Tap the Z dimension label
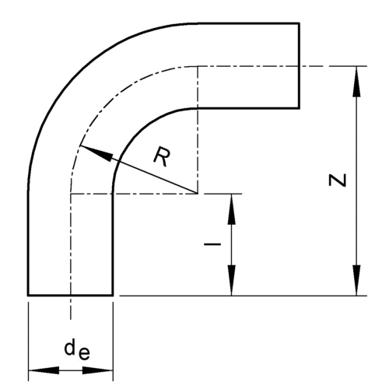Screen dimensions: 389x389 coord(336,180)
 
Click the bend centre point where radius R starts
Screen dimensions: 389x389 coord(198,192)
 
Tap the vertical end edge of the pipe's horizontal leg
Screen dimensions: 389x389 coord(300,65)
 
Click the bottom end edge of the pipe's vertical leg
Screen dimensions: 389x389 coord(71,295)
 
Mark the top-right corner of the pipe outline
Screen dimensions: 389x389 coord(300,24)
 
